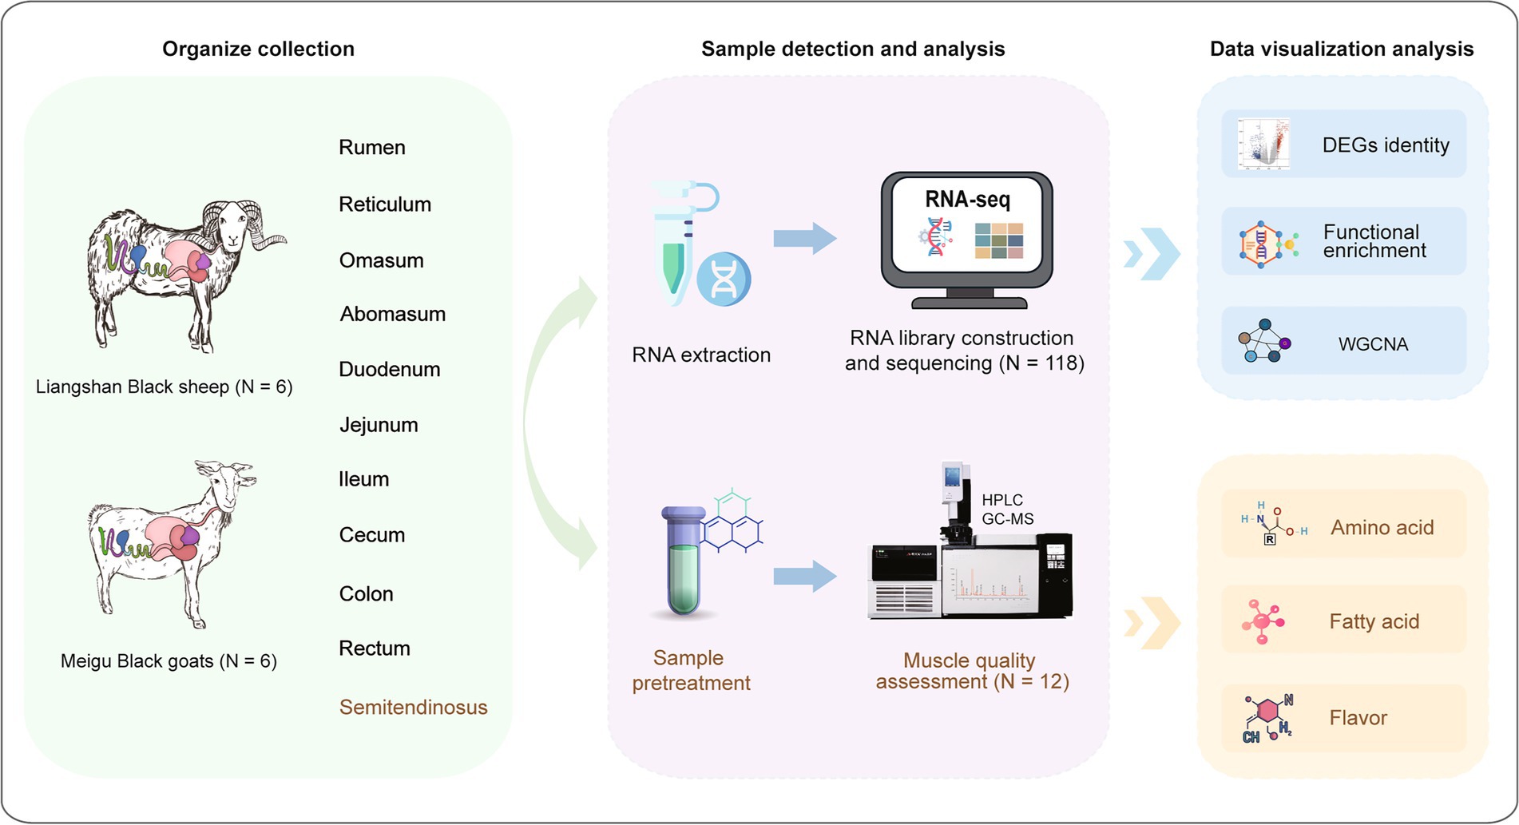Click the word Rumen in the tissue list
(x=371, y=148)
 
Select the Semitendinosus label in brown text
(x=413, y=708)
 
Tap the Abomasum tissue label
(x=392, y=315)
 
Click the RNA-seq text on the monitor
(x=967, y=199)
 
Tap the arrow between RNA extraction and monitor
(x=803, y=238)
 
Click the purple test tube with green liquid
(x=683, y=563)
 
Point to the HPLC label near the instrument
(x=1001, y=500)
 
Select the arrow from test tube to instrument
(x=803, y=576)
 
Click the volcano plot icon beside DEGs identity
(x=1263, y=144)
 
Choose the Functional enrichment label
(x=1374, y=241)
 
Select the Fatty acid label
(x=1374, y=621)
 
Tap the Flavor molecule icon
(x=1267, y=717)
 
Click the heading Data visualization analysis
(x=1341, y=50)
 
